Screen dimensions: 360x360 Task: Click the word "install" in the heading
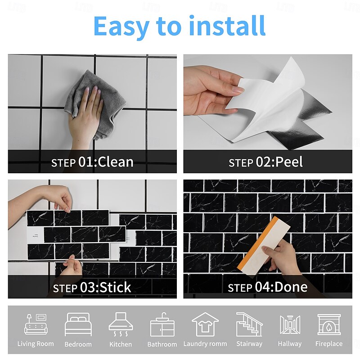tap(227, 26)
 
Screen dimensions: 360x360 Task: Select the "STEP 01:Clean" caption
tap(92, 162)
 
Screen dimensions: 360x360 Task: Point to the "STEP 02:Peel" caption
tap(265, 162)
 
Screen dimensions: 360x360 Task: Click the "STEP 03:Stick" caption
tap(92, 287)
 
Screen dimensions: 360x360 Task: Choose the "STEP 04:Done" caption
tap(267, 287)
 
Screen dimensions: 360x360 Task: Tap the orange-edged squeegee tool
tap(264, 244)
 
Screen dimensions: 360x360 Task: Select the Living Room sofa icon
tap(36, 324)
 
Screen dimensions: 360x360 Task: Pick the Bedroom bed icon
tap(78, 324)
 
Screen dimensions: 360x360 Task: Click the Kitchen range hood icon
tap(121, 324)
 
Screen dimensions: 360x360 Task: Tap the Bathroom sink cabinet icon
tap(162, 325)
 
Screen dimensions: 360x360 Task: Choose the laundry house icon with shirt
tap(205, 324)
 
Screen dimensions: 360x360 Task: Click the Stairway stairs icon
tap(249, 324)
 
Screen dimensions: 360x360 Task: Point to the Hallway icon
tap(290, 324)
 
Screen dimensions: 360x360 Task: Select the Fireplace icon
tap(329, 324)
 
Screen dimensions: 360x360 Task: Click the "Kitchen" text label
tap(121, 344)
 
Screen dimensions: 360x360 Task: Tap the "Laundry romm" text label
tap(205, 344)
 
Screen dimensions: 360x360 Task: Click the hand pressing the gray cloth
tap(86, 115)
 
